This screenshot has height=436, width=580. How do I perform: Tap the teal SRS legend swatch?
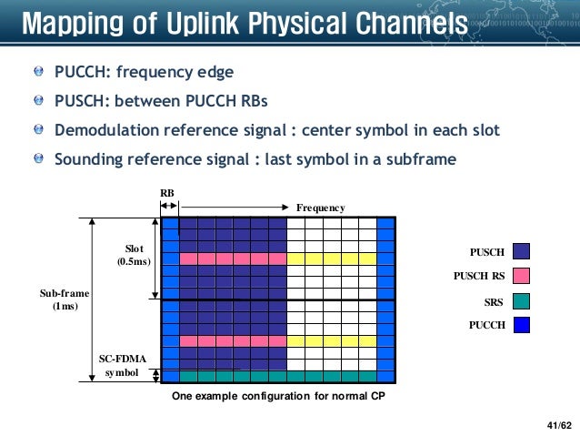(521, 299)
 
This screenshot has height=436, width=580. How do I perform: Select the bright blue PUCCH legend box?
(521, 323)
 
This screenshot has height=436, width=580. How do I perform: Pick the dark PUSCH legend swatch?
(521, 251)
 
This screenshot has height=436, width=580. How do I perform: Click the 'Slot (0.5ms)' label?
(134, 256)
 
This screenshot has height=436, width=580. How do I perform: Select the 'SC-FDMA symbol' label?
(122, 366)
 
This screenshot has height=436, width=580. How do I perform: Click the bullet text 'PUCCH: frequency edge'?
(144, 71)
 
